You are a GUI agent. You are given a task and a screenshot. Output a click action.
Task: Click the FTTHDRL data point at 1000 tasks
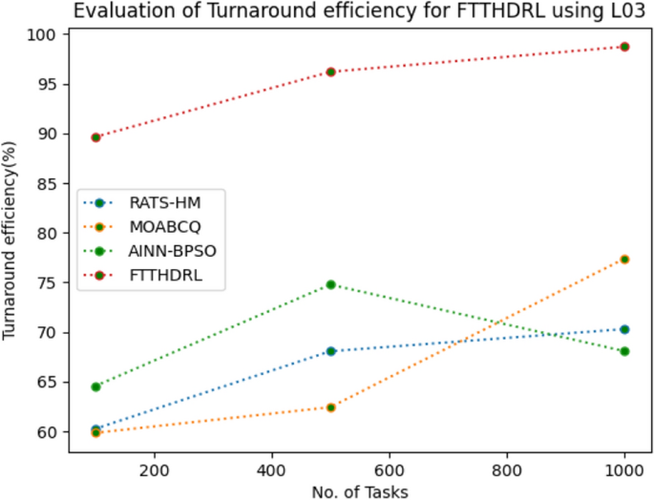pos(624,47)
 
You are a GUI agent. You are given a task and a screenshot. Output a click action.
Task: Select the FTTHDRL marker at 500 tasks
pos(331,72)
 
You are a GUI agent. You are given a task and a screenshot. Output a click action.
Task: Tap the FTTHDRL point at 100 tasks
pos(95,137)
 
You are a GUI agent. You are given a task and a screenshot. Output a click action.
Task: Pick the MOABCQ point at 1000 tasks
pos(624,260)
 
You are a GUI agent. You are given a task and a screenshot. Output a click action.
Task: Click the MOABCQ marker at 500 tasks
pos(331,407)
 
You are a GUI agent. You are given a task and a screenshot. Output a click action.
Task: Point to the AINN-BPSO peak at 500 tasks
pos(331,284)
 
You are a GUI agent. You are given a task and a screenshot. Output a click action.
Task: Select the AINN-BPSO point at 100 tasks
pos(95,386)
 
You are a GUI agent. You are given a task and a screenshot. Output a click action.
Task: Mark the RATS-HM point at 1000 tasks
pos(624,329)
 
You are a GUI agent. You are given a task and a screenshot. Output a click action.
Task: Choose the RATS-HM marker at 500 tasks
pos(331,351)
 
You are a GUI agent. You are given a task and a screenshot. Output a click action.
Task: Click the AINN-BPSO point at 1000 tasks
pos(624,351)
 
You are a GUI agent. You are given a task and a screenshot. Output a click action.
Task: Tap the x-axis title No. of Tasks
pos(360,490)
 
